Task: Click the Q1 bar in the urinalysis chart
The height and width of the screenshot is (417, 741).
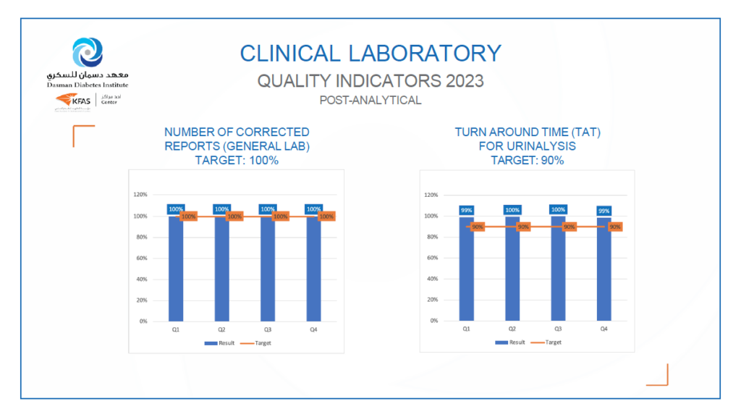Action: pyautogui.click(x=467, y=271)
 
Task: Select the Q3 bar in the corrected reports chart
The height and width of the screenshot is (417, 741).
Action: pyautogui.click(x=268, y=271)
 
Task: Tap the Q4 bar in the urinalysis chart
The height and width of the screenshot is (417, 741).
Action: pyautogui.click(x=604, y=271)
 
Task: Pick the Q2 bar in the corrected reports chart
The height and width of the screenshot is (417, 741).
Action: pyautogui.click(x=221, y=271)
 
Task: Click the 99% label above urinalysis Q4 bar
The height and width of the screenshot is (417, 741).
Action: pyautogui.click(x=604, y=210)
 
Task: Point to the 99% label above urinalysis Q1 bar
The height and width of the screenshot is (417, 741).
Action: pyautogui.click(x=467, y=210)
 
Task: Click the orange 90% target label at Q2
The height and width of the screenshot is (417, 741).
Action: pyautogui.click(x=523, y=227)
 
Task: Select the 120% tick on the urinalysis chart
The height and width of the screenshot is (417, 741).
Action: pyautogui.click(x=432, y=195)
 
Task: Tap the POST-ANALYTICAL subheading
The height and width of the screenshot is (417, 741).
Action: pyautogui.click(x=370, y=101)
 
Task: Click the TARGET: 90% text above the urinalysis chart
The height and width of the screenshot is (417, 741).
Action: pyautogui.click(x=528, y=160)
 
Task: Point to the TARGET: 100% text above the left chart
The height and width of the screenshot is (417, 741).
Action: pyautogui.click(x=237, y=160)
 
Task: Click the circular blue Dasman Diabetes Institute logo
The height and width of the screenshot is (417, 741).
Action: pyautogui.click(x=88, y=52)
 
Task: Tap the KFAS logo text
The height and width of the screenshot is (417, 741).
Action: pyautogui.click(x=80, y=101)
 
